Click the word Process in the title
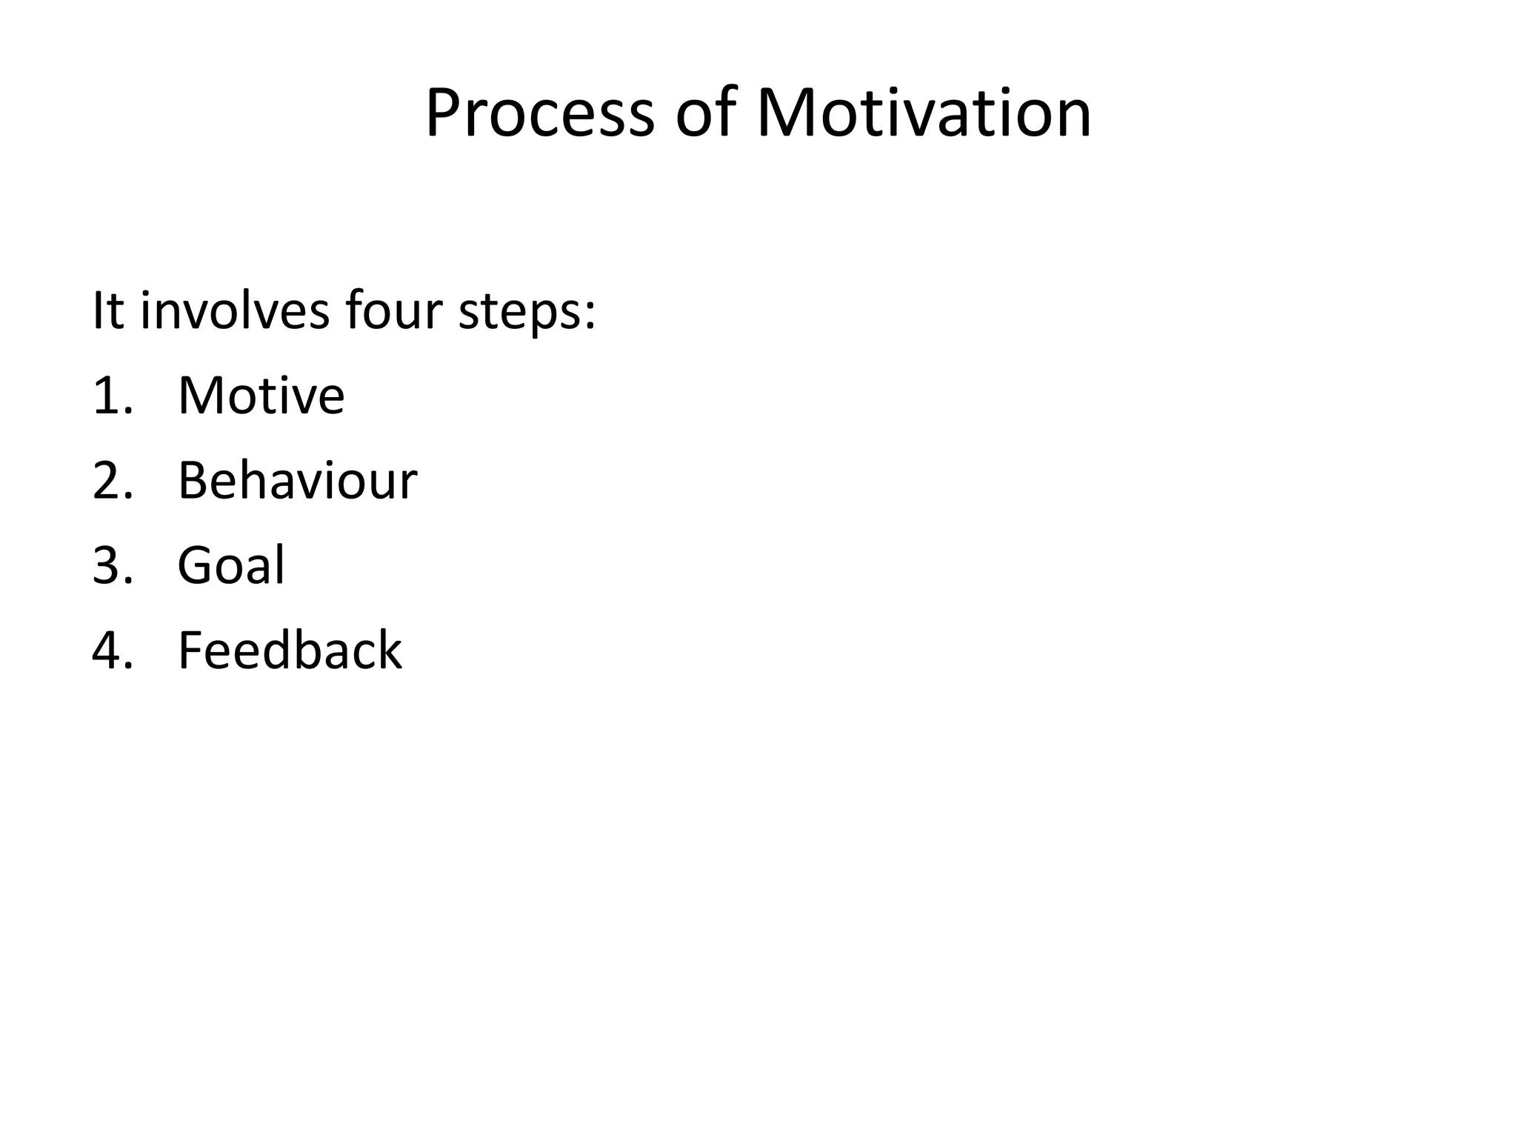(x=540, y=114)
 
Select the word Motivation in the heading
(x=923, y=114)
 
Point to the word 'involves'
(x=235, y=310)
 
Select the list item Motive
(x=261, y=396)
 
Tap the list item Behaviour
(x=297, y=481)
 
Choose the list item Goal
(x=230, y=566)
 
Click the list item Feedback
(x=290, y=650)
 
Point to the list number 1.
(x=107, y=396)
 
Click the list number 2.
(x=108, y=481)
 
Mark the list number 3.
(x=108, y=566)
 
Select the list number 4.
(x=108, y=650)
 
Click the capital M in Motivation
(x=787, y=114)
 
